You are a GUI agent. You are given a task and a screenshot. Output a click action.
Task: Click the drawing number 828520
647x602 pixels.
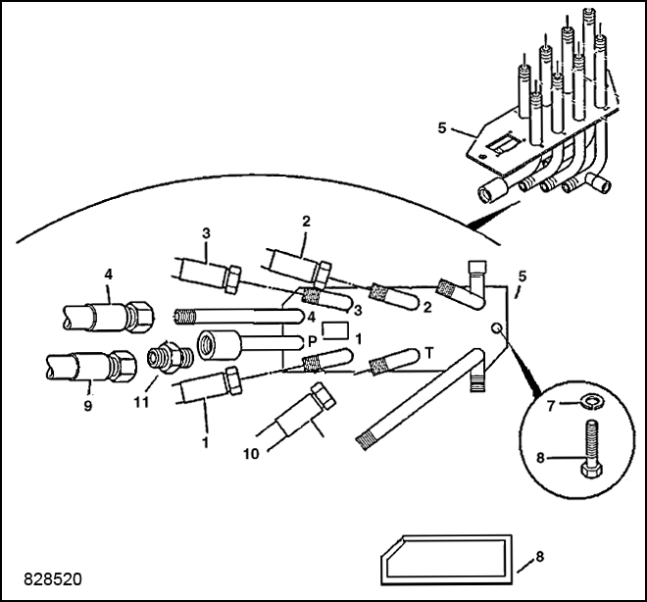[53, 578]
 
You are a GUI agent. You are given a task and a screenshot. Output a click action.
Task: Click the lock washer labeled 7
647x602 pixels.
[590, 399]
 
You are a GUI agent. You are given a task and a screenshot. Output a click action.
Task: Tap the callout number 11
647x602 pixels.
[141, 402]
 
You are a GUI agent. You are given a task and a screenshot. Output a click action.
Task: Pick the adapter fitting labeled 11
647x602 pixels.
[170, 357]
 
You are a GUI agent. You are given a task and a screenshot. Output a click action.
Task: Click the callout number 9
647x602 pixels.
[88, 406]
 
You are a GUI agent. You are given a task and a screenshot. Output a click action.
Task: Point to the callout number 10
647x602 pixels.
[251, 454]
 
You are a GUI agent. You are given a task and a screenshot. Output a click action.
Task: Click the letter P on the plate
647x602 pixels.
[313, 341]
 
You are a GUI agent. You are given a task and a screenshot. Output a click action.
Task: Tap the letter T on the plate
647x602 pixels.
[429, 353]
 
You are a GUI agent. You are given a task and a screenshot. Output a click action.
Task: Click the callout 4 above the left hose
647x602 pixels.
[108, 275]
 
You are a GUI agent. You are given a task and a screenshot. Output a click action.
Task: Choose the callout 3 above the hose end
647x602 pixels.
[206, 233]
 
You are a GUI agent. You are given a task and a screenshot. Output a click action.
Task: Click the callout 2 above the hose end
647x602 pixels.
[306, 222]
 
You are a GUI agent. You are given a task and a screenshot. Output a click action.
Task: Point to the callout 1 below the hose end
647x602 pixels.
[205, 443]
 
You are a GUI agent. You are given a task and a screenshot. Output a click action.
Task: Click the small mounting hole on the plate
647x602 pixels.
[497, 328]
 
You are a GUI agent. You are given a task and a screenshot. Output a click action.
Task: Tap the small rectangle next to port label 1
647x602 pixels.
[335, 330]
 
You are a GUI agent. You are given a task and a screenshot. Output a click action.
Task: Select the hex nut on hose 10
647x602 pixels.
[323, 396]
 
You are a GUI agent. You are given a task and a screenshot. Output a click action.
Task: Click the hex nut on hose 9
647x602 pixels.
[124, 364]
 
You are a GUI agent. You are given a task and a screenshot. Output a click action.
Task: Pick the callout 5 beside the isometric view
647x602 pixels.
[442, 127]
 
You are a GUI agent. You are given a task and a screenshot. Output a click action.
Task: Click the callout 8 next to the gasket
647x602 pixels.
[540, 557]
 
